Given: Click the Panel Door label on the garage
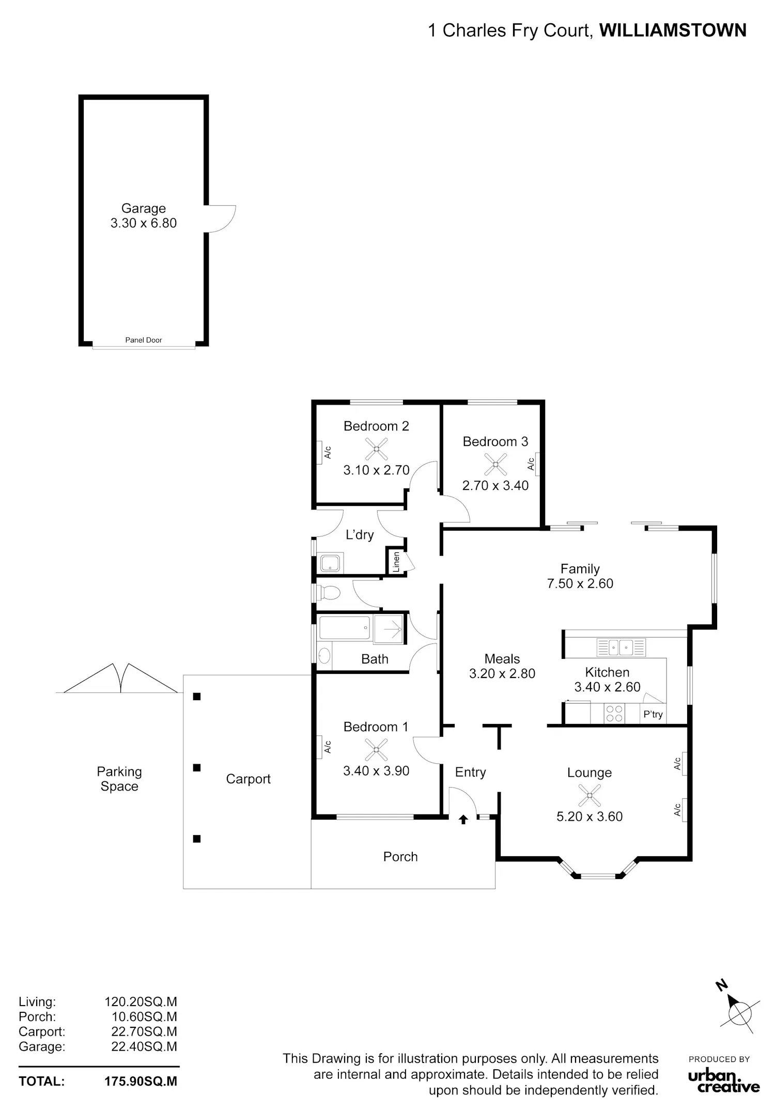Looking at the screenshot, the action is coord(144,340).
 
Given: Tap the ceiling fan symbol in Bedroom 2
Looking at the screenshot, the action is coord(377,449).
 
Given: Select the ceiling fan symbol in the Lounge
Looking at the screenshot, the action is coord(590,795).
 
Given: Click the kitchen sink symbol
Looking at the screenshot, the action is coord(621,647).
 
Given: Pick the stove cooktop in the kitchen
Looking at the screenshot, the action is coord(614,714).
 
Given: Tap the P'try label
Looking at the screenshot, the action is coord(653,714).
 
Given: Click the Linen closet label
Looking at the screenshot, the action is coord(396,562).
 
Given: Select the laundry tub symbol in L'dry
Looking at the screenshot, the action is coord(330,563).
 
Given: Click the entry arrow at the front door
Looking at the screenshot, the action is coord(463,819).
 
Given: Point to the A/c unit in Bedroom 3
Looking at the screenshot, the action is coord(537,464).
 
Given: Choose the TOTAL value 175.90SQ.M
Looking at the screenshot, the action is coord(141,1081).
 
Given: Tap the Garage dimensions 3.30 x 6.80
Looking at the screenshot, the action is coord(144,223).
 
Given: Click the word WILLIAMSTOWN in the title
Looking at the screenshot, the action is coord(673,30).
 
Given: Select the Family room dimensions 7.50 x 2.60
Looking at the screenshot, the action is coord(580,583).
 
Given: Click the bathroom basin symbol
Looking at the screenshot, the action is coord(324,656).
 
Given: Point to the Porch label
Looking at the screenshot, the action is coord(400,856).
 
